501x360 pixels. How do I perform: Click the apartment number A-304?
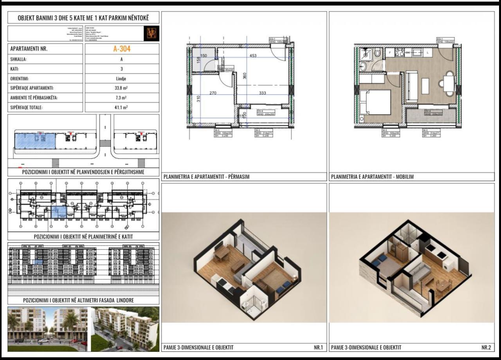pos(122,49)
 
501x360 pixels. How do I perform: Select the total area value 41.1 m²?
pos(122,107)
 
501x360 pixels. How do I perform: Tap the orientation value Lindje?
pos(122,78)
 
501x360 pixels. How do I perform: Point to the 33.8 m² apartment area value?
pos(122,88)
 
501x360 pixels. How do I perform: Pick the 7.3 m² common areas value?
pos(122,97)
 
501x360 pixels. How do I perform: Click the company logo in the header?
pos(151,34)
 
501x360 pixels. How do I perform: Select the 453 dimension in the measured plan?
pos(253,56)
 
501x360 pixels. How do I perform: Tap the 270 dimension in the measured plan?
pos(213,93)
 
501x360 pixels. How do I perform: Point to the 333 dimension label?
pos(263,93)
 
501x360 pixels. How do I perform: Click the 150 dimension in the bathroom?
pos(204,56)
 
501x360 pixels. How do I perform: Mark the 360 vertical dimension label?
pos(245,76)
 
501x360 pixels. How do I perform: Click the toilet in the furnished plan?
pos(377,53)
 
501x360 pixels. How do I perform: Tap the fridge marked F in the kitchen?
pos(390,52)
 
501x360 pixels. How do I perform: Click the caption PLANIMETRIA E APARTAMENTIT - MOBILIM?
pos(372,177)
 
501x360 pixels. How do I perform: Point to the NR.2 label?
pos(486,347)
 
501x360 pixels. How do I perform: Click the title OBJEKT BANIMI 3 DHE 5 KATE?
pos(83,18)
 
